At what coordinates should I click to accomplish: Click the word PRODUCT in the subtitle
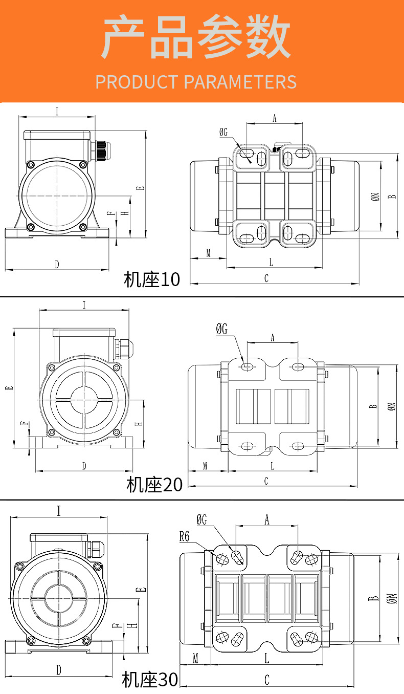click(136, 82)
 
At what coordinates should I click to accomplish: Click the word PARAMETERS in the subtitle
click(240, 82)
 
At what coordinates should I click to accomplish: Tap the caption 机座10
click(152, 279)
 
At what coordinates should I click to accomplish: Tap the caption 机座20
click(154, 484)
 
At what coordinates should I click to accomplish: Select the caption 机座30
click(150, 680)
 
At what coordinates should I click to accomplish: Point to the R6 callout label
click(185, 537)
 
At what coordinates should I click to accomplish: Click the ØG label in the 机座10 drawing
click(223, 133)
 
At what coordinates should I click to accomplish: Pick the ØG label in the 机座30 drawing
click(201, 520)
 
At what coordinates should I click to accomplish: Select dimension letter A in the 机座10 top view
click(274, 118)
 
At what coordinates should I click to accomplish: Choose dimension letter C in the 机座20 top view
click(266, 481)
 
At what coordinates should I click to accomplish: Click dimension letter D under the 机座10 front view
click(57, 264)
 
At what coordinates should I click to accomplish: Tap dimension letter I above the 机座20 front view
click(84, 305)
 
